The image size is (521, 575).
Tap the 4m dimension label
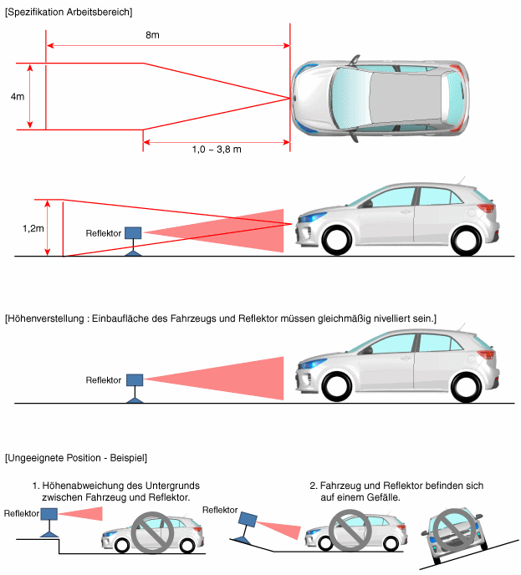coord(17,97)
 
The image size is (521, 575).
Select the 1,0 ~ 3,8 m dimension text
coord(217,149)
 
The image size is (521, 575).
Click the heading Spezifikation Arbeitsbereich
coord(69,12)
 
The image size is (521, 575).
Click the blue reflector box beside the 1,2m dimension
coord(133,232)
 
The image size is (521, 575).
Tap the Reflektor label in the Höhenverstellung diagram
coord(104,380)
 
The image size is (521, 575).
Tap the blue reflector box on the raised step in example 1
coord(49,514)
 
